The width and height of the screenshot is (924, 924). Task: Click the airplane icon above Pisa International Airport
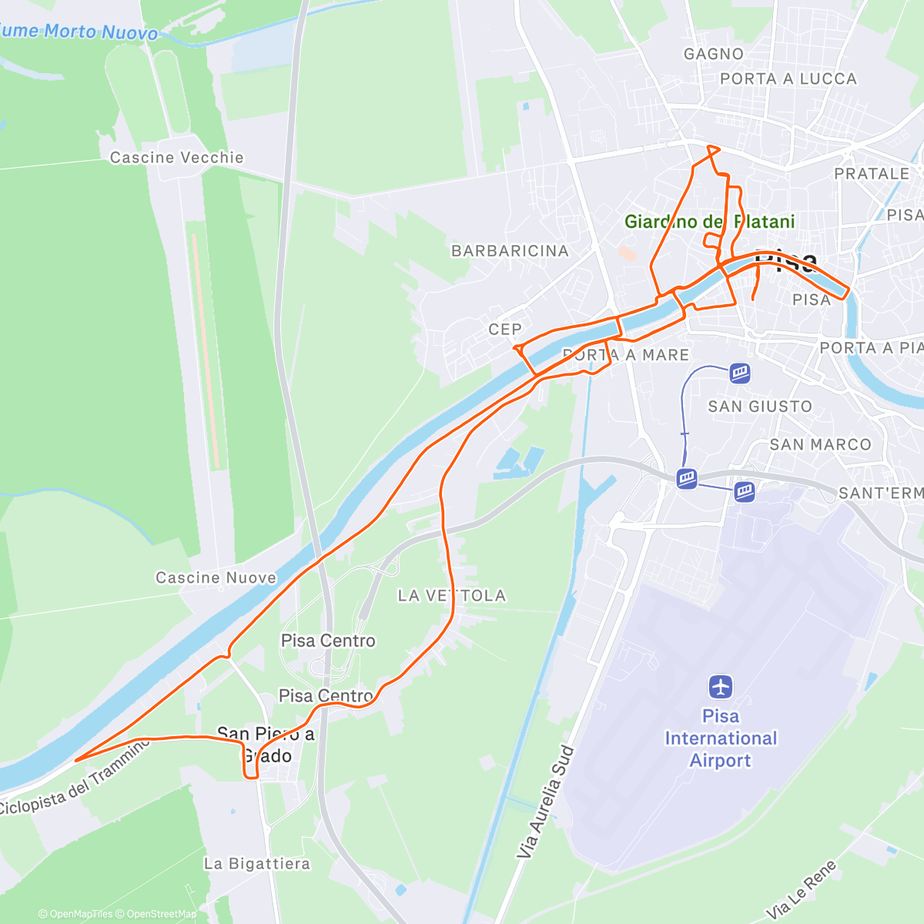coord(721,685)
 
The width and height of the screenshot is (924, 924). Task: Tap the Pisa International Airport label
coord(720,738)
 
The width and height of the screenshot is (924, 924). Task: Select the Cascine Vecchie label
coord(176,158)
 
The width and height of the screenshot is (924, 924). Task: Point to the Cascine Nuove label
coord(216,577)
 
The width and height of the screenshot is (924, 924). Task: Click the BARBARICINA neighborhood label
coord(510,251)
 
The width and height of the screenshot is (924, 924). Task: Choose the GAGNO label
coord(714,54)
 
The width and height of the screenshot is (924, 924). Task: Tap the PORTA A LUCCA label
coord(788,79)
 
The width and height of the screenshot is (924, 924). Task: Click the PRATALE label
coord(872,174)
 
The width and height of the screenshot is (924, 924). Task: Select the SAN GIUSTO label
coord(760,407)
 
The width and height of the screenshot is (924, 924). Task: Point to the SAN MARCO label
coord(820,444)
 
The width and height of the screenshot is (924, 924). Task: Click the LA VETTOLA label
coord(452,595)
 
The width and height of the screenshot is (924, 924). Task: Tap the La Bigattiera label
coord(257,864)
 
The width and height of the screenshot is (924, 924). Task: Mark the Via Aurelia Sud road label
coord(545,802)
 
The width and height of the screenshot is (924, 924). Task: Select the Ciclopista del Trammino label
coord(73,778)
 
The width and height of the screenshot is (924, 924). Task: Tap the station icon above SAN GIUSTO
coord(740,373)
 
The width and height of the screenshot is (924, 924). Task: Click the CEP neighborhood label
coord(505,330)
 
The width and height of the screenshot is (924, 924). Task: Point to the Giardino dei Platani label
coord(709,222)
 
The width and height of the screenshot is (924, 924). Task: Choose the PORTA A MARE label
coord(626,355)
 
